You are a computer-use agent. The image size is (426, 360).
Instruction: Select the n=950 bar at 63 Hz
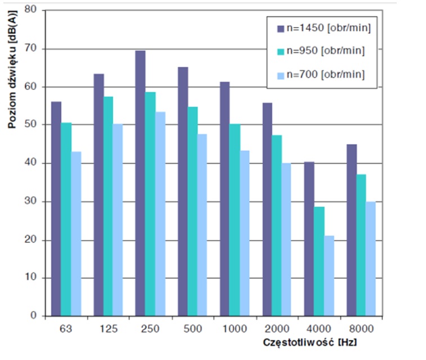pyautogui.click(x=66, y=219)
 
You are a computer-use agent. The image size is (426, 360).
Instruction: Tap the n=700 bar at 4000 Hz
pyautogui.click(x=330, y=276)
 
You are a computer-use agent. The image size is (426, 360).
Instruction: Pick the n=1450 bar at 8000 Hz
pyautogui.click(x=352, y=231)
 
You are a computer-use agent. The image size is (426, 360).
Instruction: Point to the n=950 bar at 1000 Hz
pyautogui.click(x=235, y=220)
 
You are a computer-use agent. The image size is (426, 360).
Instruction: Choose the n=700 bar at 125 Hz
pyautogui.click(x=118, y=220)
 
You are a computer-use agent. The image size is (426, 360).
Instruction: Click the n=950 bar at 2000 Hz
pyautogui.click(x=277, y=226)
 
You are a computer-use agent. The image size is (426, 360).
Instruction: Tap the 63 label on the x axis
pyautogui.click(x=66, y=328)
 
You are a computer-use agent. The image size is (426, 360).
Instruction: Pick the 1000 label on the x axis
pyautogui.click(x=235, y=328)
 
